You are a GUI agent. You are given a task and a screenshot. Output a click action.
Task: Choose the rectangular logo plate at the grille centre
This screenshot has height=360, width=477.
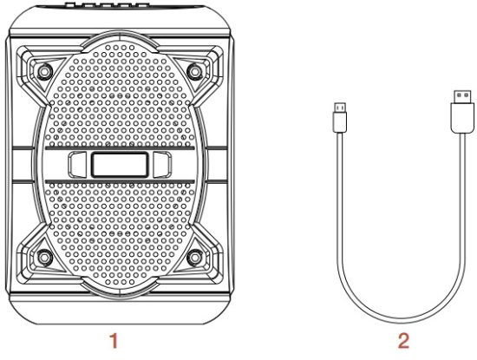pyautogui.click(x=116, y=162)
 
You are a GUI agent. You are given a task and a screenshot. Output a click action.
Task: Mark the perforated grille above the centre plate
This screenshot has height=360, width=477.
pyautogui.click(x=116, y=95)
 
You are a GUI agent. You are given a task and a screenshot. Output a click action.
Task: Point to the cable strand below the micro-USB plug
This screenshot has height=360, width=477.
pyautogui.click(x=341, y=173)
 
